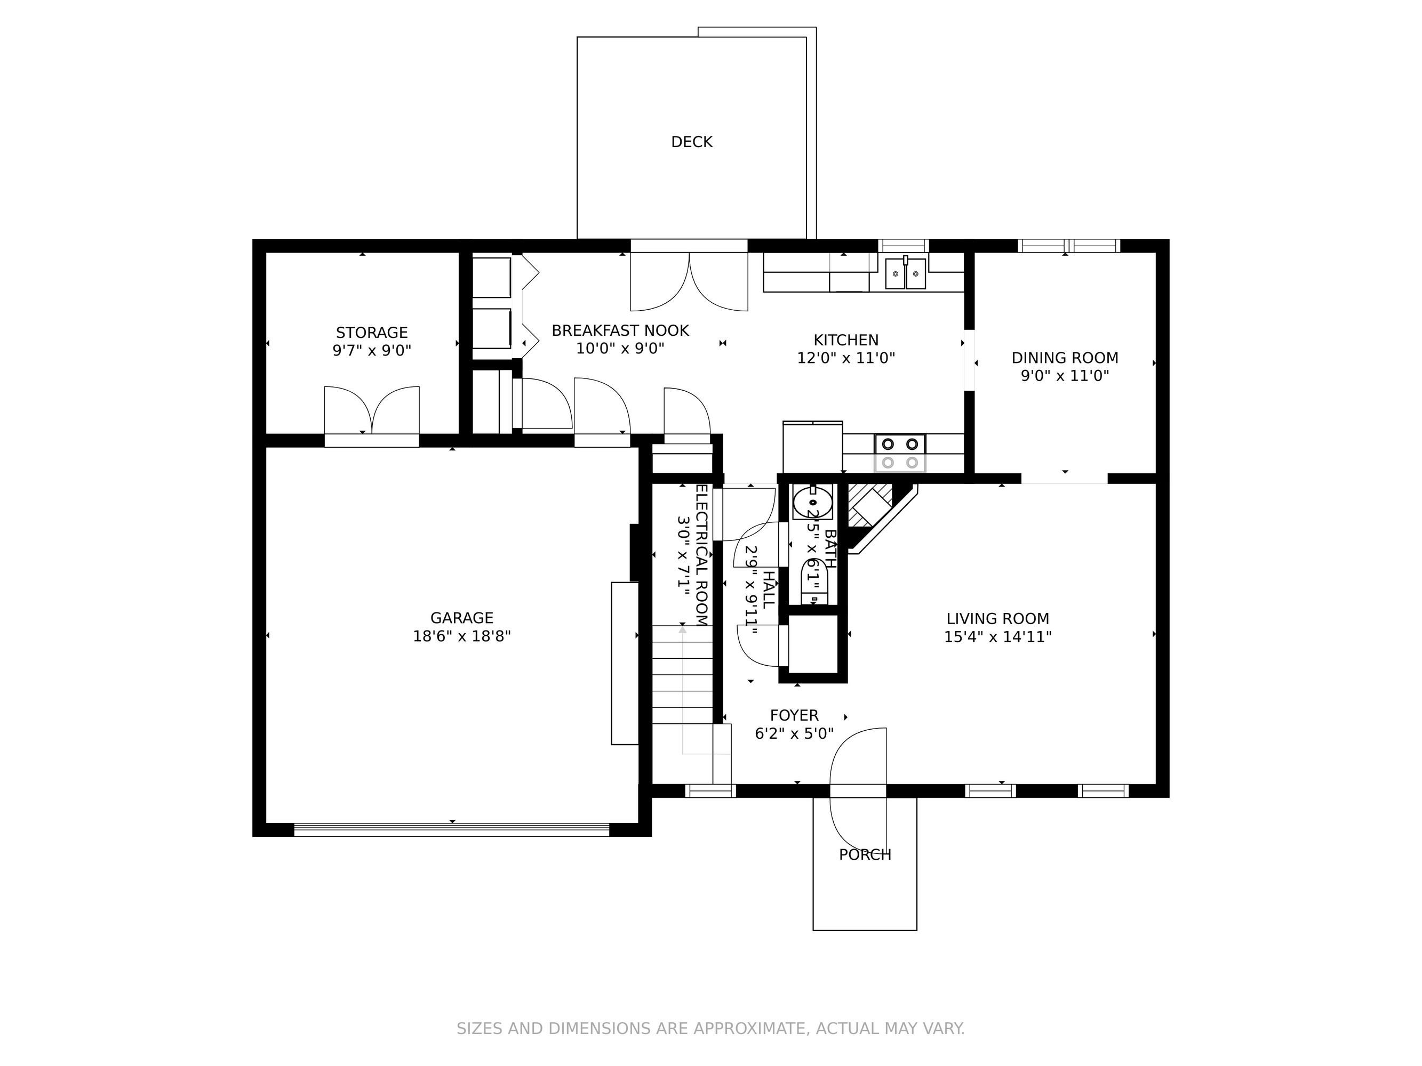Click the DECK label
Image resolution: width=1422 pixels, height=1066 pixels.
(x=692, y=142)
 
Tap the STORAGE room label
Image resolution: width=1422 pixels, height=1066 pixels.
(x=372, y=332)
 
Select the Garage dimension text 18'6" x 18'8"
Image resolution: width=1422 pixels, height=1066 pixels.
(x=461, y=636)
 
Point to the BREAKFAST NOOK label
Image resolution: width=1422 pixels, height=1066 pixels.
(x=620, y=330)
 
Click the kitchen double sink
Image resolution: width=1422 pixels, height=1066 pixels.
(x=905, y=273)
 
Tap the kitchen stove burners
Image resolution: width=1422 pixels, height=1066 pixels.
(x=900, y=453)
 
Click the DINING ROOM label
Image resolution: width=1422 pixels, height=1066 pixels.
(x=1065, y=358)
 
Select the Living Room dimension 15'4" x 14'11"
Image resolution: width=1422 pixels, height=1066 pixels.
(x=998, y=637)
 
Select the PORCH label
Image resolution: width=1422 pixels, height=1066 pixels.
(x=865, y=854)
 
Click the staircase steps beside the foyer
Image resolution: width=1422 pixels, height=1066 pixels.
(x=683, y=674)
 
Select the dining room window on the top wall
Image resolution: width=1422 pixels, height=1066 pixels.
(x=1068, y=246)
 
